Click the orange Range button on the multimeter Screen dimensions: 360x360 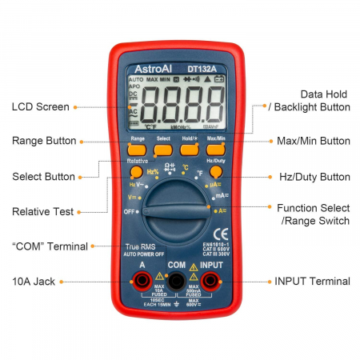[137, 148]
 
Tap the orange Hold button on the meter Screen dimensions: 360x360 [190, 148]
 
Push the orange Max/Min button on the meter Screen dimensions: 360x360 [216, 148]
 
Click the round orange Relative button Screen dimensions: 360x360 [137, 171]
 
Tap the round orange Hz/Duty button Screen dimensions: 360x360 [215, 171]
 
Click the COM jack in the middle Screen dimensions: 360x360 [176, 279]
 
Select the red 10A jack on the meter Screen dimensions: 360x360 [142, 279]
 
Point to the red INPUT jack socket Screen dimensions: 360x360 [210, 279]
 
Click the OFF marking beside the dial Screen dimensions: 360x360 [129, 211]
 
